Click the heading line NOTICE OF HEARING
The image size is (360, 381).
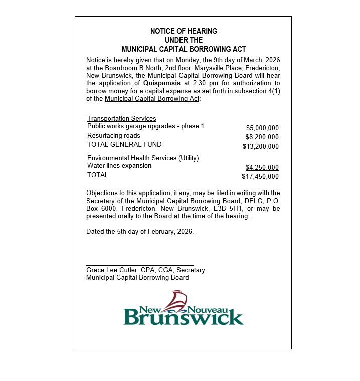pyautogui.click(x=184, y=31)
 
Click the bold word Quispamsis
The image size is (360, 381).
pyautogui.click(x=162, y=83)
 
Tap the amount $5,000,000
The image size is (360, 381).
pyautogui.click(x=262, y=128)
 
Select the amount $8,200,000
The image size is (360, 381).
pyautogui.click(x=262, y=137)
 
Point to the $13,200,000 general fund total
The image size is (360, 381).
pyautogui.click(x=260, y=147)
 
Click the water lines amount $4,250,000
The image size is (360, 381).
pyautogui.click(x=262, y=168)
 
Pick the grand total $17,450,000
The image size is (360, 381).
pyautogui.click(x=260, y=177)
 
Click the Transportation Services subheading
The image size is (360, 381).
pyautogui.click(x=122, y=119)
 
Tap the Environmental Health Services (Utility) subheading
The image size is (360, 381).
pyautogui.click(x=143, y=158)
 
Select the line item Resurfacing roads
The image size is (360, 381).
pyautogui.click(x=114, y=136)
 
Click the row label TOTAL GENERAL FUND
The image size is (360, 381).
pyautogui.click(x=124, y=145)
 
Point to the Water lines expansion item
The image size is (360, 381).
pyautogui.click(x=119, y=166)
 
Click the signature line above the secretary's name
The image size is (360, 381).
pyautogui.click(x=140, y=265)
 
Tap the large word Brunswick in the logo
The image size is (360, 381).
pyautogui.click(x=184, y=317)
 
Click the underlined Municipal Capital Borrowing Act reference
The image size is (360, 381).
pyautogui.click(x=152, y=99)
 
